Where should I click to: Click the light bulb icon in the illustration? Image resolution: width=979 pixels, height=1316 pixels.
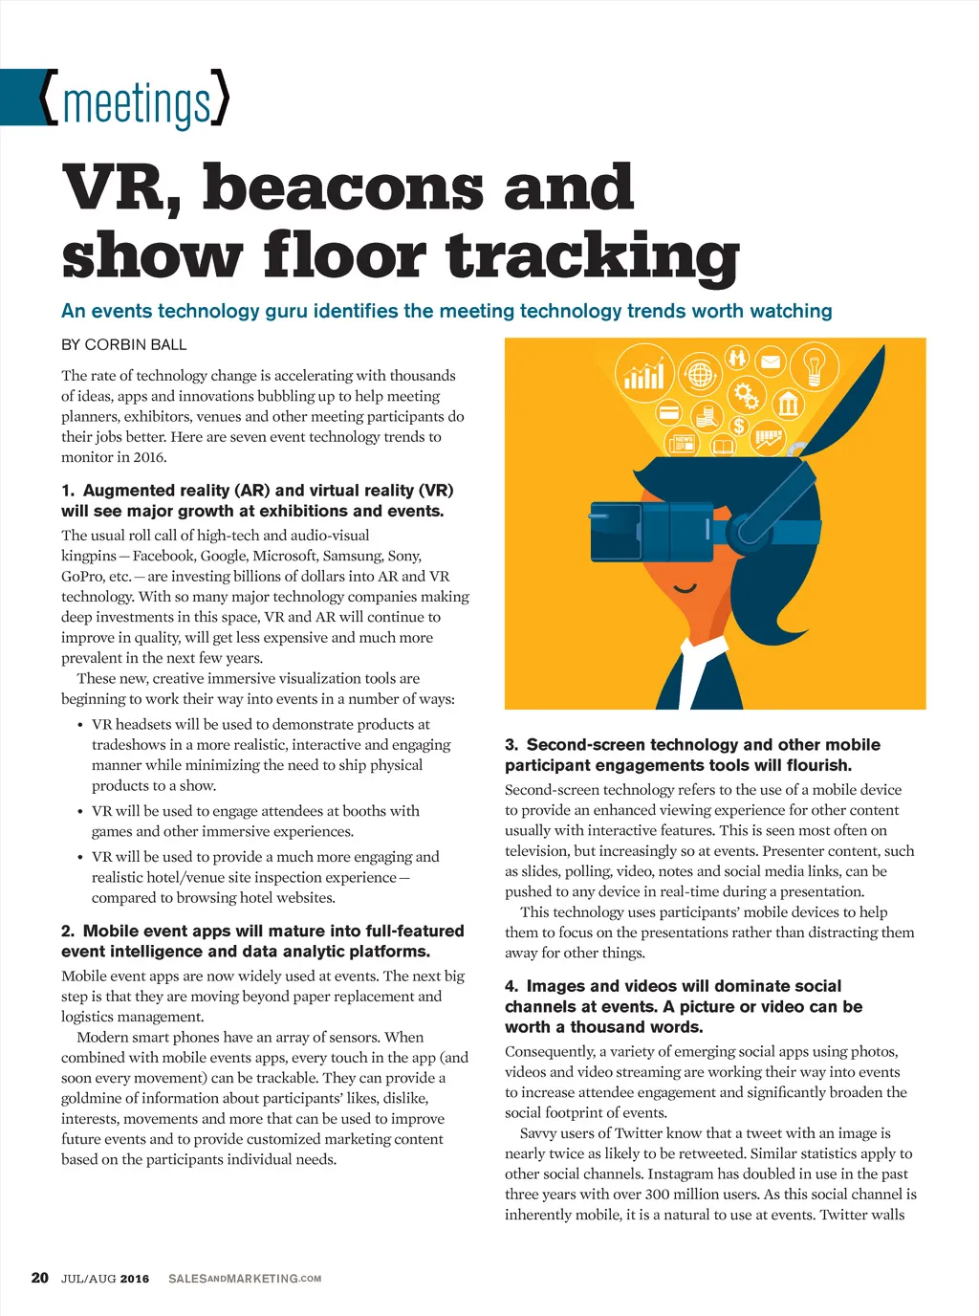[814, 365]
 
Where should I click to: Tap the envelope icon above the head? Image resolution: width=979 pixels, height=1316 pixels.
[770, 362]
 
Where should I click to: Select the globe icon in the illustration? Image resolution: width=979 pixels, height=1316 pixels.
[701, 375]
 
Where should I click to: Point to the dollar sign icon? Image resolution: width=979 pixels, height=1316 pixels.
[739, 427]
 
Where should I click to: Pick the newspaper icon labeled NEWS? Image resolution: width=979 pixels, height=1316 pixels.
[684, 443]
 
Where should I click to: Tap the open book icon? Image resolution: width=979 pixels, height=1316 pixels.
[724, 447]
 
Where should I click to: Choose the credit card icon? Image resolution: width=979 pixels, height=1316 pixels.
[669, 413]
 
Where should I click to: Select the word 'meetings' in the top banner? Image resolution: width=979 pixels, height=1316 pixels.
[136, 102]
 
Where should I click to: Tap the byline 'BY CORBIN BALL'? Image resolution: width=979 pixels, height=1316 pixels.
[124, 344]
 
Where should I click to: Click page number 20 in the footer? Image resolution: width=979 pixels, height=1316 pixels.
[39, 1278]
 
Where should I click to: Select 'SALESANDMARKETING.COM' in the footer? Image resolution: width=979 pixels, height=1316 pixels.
[245, 1279]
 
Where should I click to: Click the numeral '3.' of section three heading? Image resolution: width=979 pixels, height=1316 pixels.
[511, 745]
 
